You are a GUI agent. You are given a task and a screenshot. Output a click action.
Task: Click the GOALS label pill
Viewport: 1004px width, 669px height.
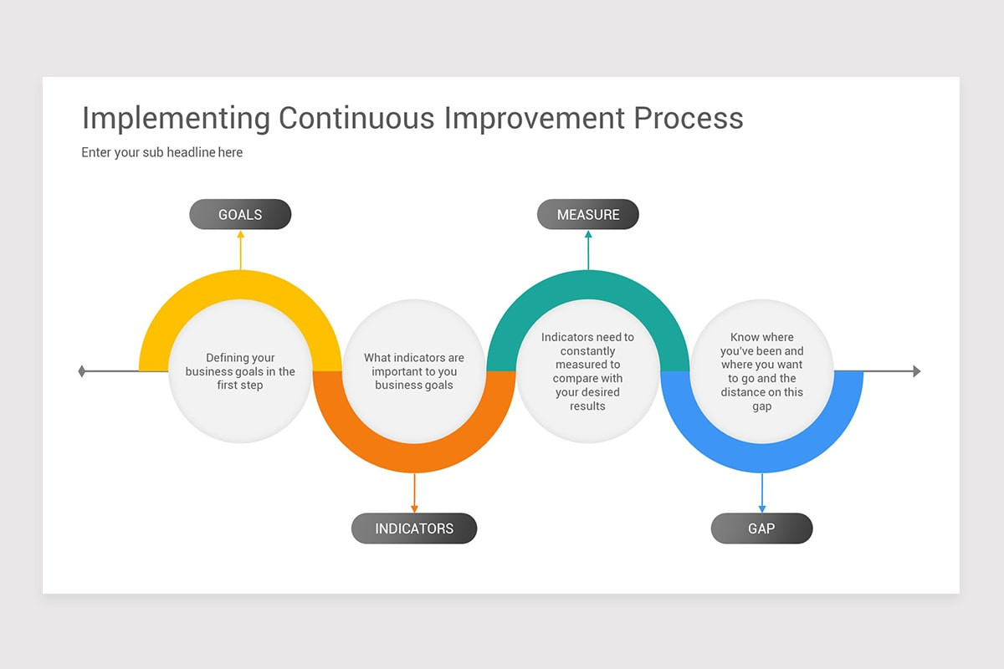[x=240, y=214]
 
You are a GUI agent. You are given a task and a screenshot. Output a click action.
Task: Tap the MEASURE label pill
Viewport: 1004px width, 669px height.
[x=588, y=214]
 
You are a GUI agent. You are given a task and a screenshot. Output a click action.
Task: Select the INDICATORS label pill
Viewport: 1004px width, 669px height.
[x=414, y=529]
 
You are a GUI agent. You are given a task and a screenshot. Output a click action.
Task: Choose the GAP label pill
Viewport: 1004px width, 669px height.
[x=761, y=529]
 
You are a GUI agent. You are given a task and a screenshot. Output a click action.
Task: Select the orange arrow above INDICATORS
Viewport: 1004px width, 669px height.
[x=414, y=493]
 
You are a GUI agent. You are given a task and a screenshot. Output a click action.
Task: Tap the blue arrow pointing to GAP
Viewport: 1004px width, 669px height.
[x=761, y=493]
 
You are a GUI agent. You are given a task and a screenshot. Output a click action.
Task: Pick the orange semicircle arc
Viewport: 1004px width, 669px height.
[x=414, y=458]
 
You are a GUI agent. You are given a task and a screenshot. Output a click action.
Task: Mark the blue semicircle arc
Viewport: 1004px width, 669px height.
[x=761, y=458]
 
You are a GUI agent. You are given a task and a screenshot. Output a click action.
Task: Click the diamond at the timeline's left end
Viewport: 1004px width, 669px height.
[x=81, y=371]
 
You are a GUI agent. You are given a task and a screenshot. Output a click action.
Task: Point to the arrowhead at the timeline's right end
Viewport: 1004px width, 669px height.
[x=917, y=371]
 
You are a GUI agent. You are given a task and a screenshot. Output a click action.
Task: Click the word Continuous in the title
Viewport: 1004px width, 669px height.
[x=356, y=118]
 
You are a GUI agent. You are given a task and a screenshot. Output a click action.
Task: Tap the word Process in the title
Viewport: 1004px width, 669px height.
[x=689, y=118]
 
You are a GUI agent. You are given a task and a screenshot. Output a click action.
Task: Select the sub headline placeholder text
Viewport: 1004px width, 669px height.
[x=162, y=152]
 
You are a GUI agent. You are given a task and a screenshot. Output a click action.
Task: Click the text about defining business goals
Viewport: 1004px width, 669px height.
[x=240, y=371]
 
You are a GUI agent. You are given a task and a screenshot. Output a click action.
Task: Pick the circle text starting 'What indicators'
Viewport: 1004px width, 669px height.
[x=414, y=371]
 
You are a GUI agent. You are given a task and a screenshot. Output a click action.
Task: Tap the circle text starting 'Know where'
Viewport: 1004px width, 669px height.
[x=761, y=371]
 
